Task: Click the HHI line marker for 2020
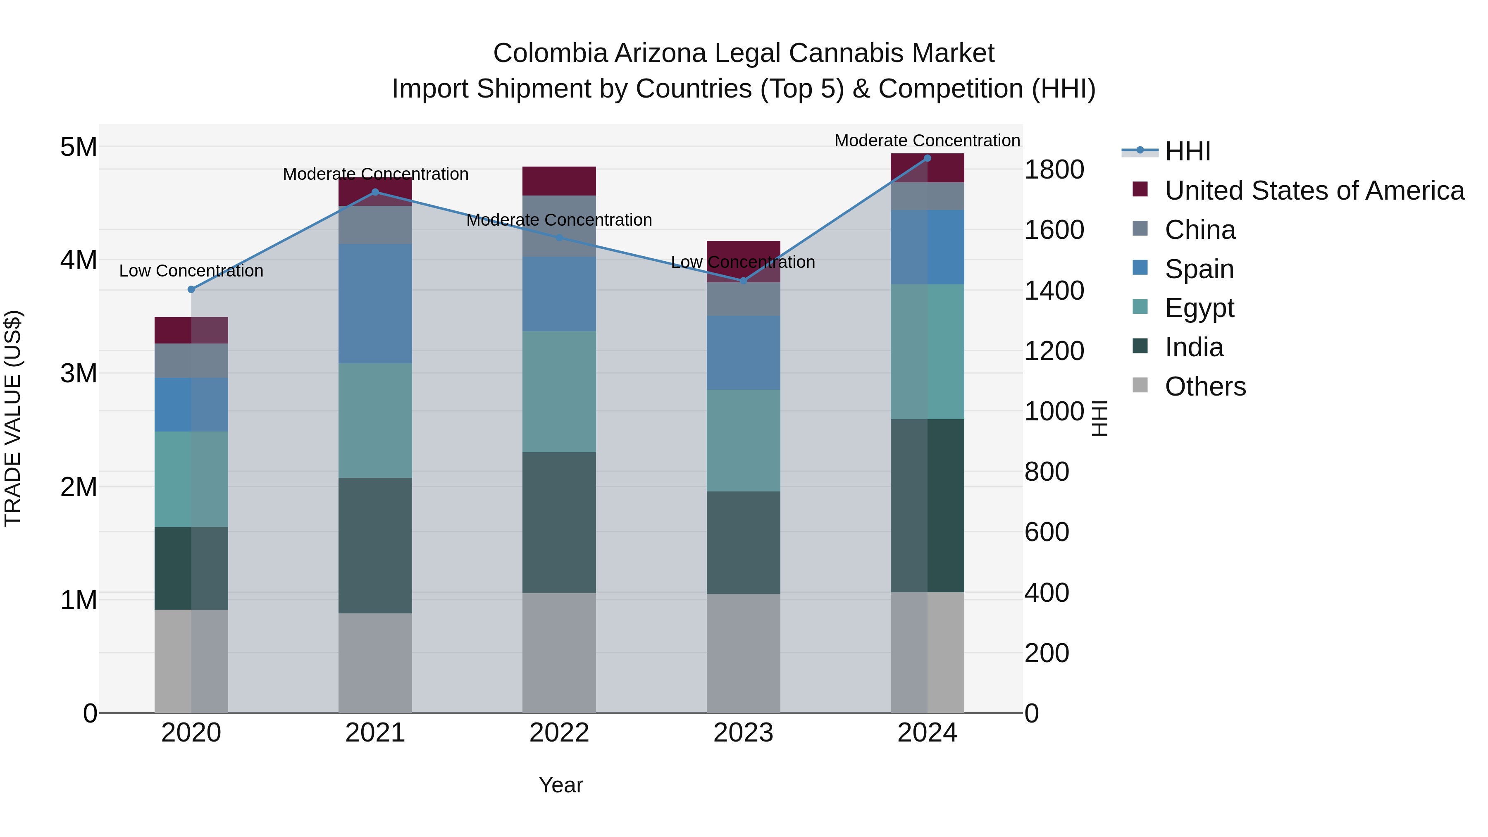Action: point(191,289)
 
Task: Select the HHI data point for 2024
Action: point(927,158)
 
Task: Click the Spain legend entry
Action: point(1199,269)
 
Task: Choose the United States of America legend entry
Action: point(1314,191)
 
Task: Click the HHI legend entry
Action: point(1187,151)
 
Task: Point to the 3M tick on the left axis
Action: point(79,373)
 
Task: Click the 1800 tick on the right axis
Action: point(1054,170)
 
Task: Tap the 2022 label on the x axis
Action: point(558,733)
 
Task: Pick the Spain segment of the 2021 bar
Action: point(375,303)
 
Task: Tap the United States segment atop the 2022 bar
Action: point(558,181)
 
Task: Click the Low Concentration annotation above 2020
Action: point(191,270)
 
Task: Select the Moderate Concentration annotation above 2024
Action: point(927,141)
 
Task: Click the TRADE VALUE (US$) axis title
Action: point(13,418)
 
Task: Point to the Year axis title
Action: point(560,785)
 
